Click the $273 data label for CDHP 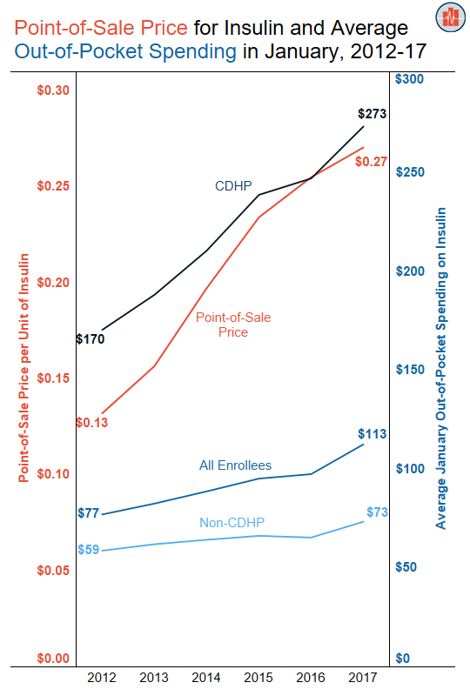point(372,113)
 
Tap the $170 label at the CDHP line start point(91,338)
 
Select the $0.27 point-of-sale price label point(371,162)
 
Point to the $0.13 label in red point(91,422)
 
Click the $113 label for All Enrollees point(372,433)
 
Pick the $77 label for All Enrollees point(89,512)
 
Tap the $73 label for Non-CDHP point(377,512)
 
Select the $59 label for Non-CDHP point(89,549)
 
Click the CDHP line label point(233,185)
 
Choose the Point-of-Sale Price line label point(233,325)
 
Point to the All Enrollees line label point(235,465)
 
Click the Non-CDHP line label point(232,522)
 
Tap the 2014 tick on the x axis point(206,677)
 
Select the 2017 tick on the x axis point(362,677)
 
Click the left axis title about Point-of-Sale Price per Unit point(24,367)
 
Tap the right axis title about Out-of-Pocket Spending point(441,367)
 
